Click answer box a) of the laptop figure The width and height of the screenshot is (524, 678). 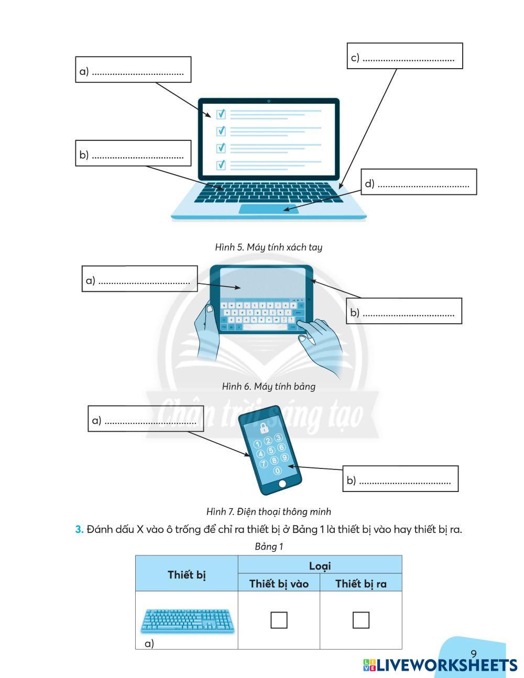point(133,70)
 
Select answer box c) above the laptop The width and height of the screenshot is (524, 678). point(405,56)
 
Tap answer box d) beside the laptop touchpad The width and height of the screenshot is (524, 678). point(419,182)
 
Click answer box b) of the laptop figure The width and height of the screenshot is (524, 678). point(133,153)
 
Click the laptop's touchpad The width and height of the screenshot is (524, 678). point(269,209)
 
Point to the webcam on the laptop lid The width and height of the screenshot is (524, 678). point(269,101)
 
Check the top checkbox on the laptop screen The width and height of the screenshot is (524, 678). point(221,114)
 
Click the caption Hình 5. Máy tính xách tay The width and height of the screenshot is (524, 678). point(268,247)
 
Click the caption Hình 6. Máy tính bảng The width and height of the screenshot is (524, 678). point(268,387)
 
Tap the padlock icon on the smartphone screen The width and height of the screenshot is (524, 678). point(264,427)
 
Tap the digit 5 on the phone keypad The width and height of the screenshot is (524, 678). point(270,451)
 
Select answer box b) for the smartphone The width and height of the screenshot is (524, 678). point(400,478)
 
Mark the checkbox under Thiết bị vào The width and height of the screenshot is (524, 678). point(279,620)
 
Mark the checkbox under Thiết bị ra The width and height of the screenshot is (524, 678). point(361,620)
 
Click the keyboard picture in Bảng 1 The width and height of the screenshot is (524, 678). point(187,620)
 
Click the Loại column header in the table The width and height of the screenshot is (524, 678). point(320,565)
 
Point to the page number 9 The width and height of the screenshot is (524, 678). point(474,653)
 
